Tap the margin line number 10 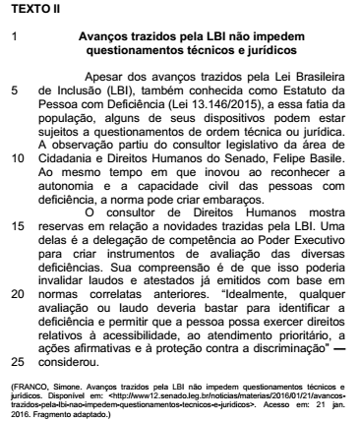click(x=17, y=156)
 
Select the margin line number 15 click(x=17, y=224)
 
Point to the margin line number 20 click(x=17, y=292)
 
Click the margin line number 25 click(x=17, y=360)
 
